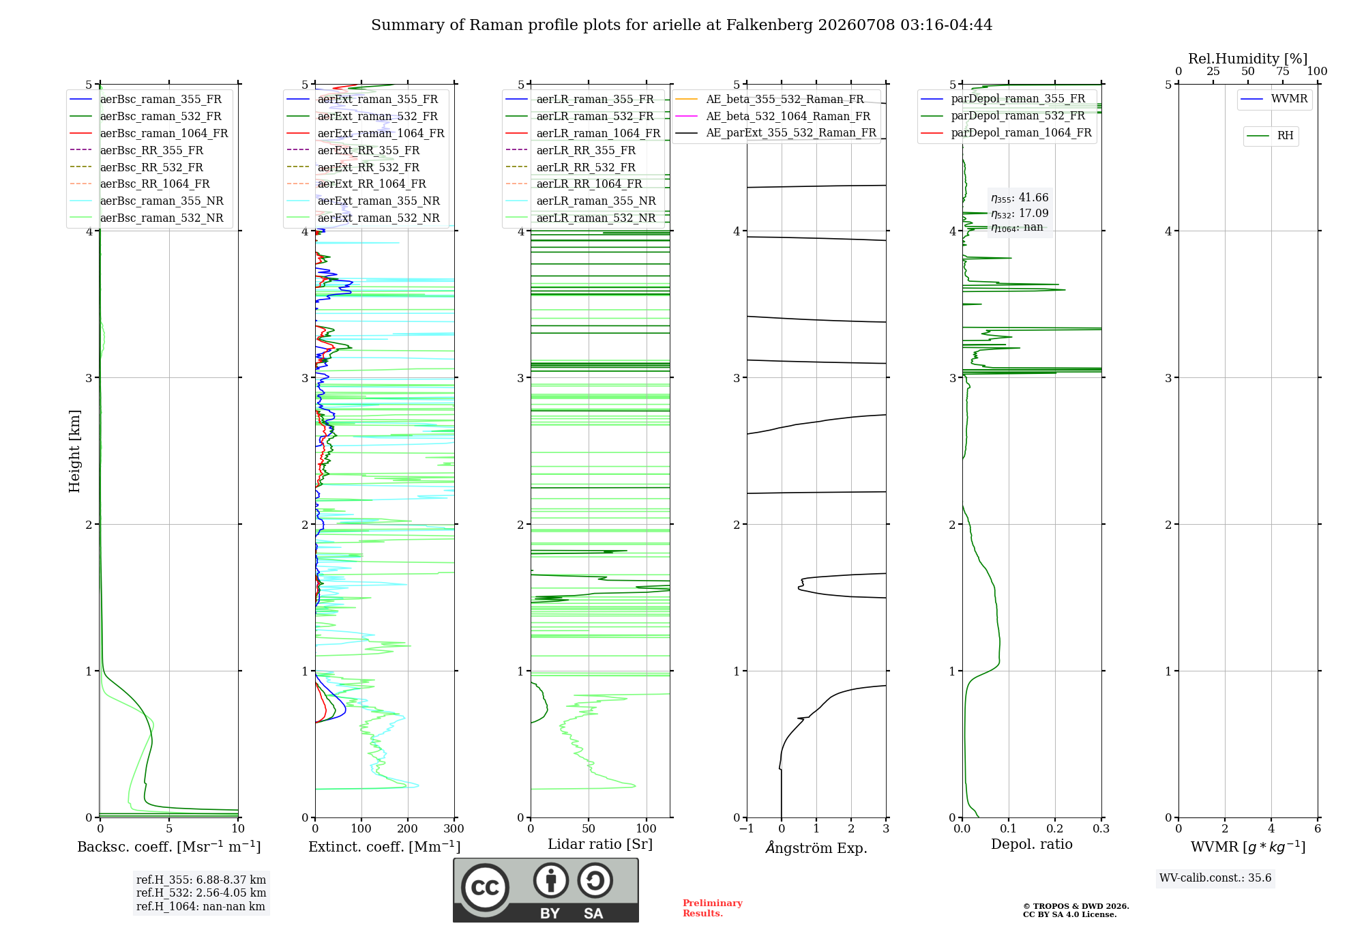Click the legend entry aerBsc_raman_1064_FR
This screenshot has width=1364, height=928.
(x=149, y=134)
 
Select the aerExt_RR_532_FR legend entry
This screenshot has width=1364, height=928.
(x=353, y=167)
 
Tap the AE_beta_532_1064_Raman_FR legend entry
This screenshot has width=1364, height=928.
(x=773, y=117)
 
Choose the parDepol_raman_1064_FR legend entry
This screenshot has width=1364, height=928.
(x=1007, y=133)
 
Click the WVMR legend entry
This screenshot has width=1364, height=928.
(x=1274, y=99)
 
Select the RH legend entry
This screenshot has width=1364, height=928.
(x=1270, y=136)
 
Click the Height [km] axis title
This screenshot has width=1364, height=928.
(x=74, y=451)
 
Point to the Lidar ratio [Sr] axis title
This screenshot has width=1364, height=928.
(x=600, y=844)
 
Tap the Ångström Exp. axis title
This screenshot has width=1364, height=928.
(x=816, y=847)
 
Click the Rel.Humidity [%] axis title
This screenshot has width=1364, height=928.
(x=1248, y=59)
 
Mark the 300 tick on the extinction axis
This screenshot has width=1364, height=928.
(x=454, y=828)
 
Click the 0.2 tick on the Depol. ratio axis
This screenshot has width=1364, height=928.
(x=1055, y=828)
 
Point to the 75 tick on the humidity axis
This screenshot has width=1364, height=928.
(x=1283, y=72)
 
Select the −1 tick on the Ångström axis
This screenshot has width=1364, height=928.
(x=747, y=828)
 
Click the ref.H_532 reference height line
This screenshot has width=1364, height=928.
(x=201, y=893)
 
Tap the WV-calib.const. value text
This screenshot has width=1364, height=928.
(x=1215, y=878)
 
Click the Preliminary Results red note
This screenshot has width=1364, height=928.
(x=713, y=908)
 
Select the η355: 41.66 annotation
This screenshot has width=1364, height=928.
(x=1020, y=198)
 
